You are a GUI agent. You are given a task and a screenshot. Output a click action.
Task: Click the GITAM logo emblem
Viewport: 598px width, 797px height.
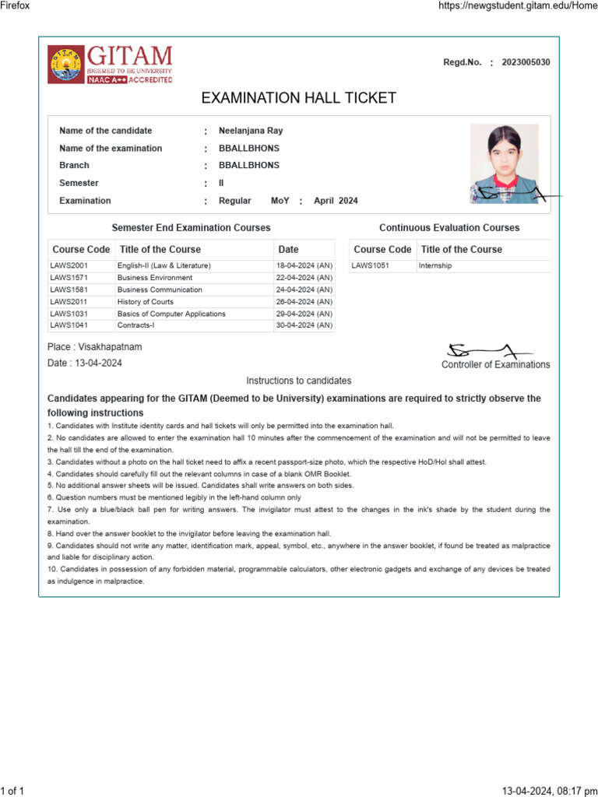pos(65,64)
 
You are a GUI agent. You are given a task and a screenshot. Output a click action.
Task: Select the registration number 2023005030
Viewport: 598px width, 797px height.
pos(526,62)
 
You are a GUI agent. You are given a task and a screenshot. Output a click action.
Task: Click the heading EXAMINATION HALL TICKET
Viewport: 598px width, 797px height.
pos(298,98)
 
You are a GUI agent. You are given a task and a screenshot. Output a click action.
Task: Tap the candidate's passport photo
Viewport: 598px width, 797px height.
pos(504,163)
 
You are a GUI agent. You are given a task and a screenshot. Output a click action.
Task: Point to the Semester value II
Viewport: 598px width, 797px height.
pos(221,183)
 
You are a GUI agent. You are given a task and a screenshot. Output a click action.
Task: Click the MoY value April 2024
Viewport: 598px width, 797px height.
pos(336,201)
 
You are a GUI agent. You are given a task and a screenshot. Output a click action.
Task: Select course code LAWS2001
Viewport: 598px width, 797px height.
pos(69,266)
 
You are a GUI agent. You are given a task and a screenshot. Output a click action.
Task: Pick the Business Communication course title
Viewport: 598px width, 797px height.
pos(160,290)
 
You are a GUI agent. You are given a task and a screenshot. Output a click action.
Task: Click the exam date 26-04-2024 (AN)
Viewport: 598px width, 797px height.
pos(304,302)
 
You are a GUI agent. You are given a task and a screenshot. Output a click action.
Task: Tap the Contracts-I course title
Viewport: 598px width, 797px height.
pos(135,325)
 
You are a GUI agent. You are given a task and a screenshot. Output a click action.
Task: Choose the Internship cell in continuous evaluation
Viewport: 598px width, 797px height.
pos(434,266)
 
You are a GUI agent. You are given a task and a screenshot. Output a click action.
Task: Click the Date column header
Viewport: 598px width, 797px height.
pos(288,250)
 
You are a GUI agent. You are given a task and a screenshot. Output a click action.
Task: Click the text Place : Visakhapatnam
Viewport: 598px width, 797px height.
pos(95,346)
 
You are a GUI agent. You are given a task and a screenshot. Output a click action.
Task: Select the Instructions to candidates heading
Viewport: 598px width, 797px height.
pos(298,381)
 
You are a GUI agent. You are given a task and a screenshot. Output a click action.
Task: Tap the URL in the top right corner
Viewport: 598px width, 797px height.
pos(513,5)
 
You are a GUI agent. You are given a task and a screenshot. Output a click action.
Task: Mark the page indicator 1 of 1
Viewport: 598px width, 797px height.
pos(12,791)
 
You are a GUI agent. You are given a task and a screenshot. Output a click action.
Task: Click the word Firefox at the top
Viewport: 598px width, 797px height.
pos(15,5)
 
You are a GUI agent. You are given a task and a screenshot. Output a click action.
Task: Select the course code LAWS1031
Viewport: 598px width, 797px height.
pos(69,314)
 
